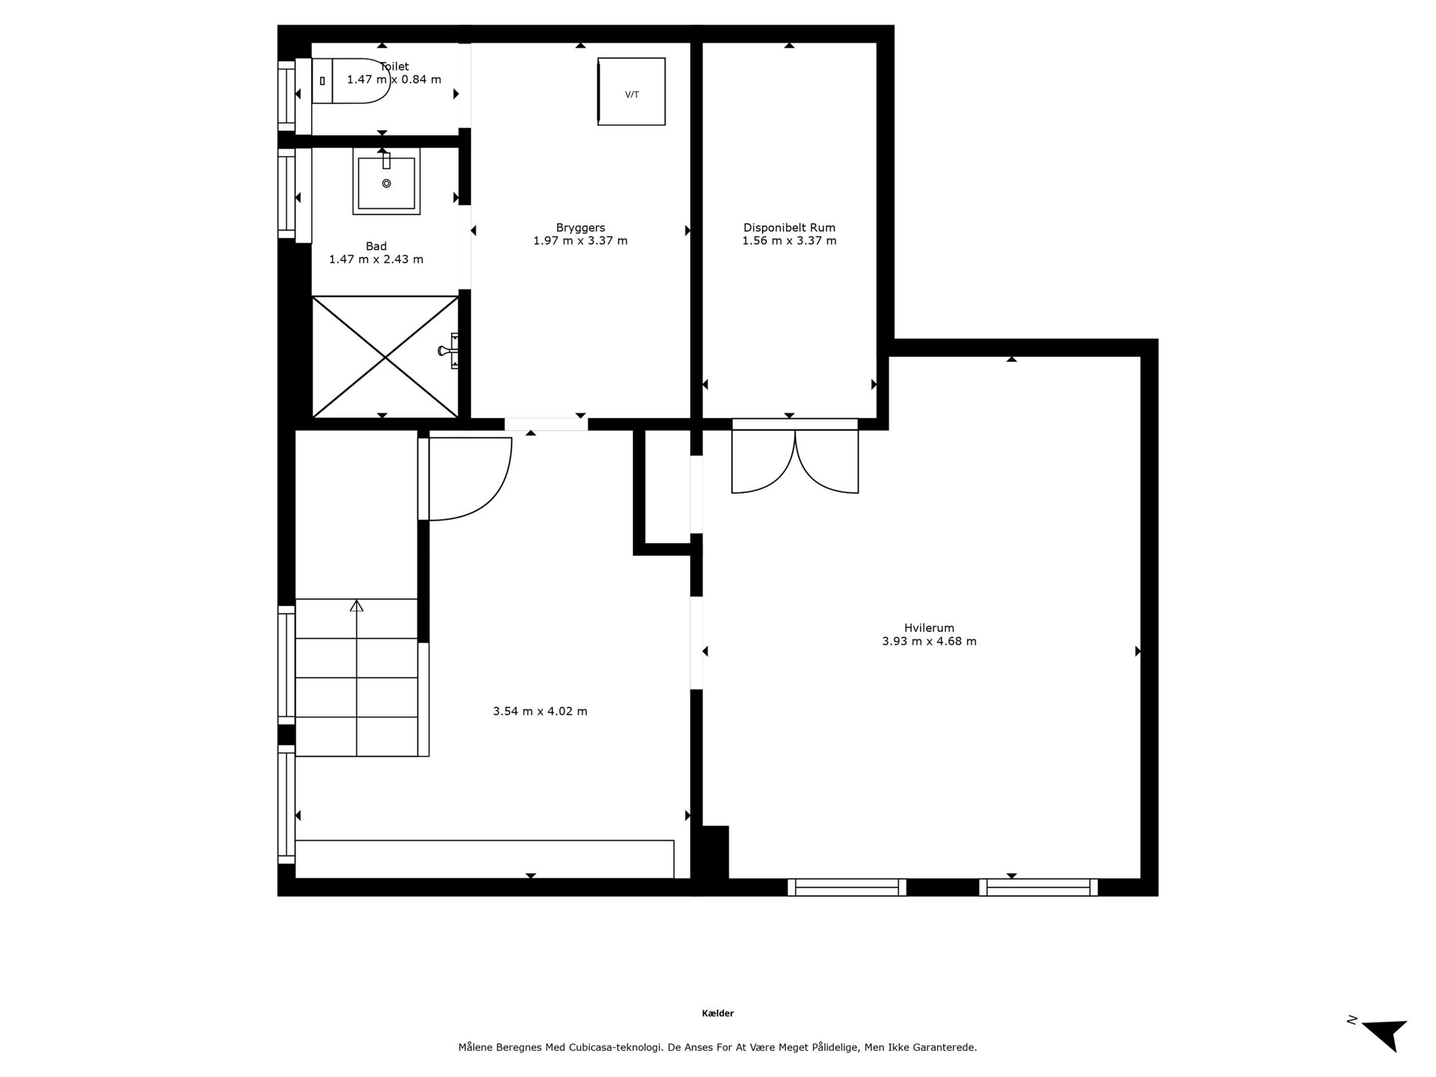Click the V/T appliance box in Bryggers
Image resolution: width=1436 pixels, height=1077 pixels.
631,91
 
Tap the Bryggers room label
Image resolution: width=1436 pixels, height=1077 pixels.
580,227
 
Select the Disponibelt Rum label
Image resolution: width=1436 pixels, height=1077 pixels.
789,227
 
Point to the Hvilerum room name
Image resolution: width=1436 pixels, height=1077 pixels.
929,628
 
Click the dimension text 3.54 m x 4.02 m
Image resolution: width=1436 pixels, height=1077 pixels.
540,711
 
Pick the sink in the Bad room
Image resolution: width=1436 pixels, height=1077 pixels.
386,182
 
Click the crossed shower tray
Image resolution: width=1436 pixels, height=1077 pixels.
385,357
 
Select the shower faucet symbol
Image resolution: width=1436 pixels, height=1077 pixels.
449,351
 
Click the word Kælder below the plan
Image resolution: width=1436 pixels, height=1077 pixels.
718,1013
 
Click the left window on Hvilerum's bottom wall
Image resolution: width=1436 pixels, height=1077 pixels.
847,887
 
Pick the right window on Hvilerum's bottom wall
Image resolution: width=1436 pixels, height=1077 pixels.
1039,887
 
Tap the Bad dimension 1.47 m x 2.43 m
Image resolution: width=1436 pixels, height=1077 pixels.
376,260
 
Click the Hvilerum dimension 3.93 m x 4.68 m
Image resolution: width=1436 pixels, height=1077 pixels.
929,641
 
